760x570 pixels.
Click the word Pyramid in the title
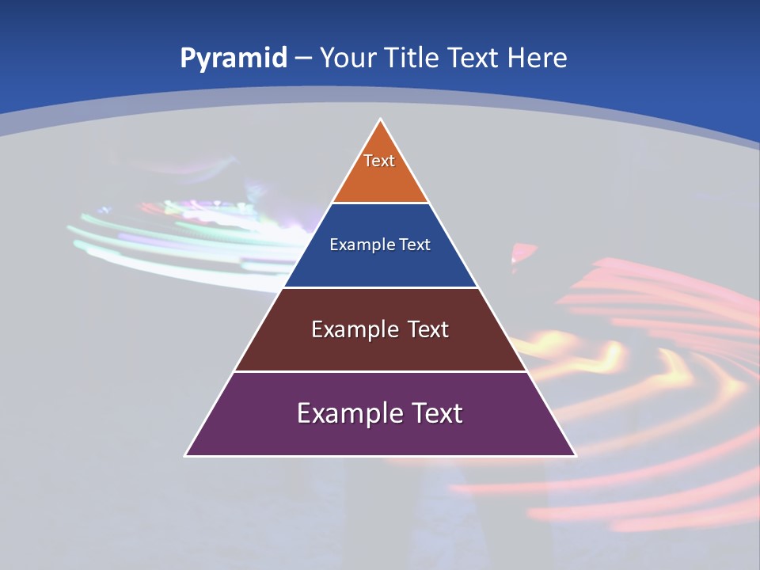pos(233,59)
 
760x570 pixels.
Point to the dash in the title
pos(303,59)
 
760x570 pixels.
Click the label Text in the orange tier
pos(379,161)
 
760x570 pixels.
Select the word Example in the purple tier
pos(346,413)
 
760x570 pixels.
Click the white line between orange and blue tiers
pos(380,203)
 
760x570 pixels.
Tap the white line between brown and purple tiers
pos(380,371)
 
